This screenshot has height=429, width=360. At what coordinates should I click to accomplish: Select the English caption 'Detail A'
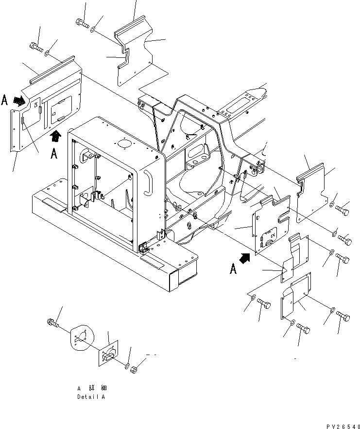(x=91, y=396)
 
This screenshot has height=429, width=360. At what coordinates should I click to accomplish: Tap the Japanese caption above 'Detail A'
(x=91, y=388)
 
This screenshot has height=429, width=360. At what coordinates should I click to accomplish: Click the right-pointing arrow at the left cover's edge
(x=19, y=101)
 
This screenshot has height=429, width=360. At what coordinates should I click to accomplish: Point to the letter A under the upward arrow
(x=54, y=154)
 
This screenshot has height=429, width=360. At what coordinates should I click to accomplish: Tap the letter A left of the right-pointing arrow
(x=5, y=101)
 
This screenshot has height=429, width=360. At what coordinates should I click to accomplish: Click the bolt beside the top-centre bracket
(x=81, y=23)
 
